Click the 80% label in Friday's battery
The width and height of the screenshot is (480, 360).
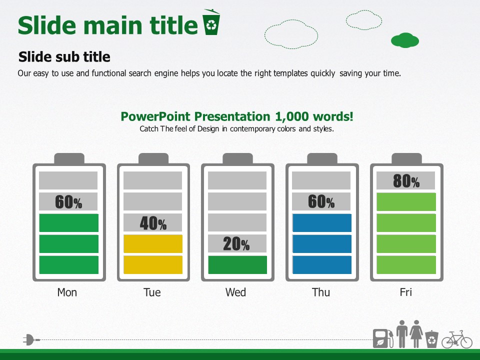tap(406, 181)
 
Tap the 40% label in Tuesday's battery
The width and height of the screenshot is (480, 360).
tap(153, 223)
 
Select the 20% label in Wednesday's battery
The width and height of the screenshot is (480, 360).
tap(236, 244)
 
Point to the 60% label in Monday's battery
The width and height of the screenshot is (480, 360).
tap(68, 202)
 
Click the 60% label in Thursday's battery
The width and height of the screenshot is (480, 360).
tap(321, 201)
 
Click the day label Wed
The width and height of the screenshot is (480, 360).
tap(235, 292)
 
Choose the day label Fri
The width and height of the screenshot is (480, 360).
tap(406, 292)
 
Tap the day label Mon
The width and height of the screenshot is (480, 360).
tap(67, 292)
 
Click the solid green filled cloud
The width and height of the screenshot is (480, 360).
tap(405, 40)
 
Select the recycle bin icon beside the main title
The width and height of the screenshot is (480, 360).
tap(211, 22)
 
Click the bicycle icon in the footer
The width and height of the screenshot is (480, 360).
tap(456, 339)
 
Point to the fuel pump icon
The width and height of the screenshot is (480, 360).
tap(383, 338)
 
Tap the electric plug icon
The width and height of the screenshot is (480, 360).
tap(31, 340)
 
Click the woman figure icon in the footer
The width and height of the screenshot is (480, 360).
tap(416, 334)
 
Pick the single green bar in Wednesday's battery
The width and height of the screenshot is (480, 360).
tap(237, 265)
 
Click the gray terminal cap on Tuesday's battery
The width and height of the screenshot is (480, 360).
tap(153, 158)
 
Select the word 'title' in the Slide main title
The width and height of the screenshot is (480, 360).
tap(173, 25)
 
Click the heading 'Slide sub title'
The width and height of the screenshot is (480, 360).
tap(64, 57)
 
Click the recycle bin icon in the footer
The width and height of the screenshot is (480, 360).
tap(431, 339)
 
